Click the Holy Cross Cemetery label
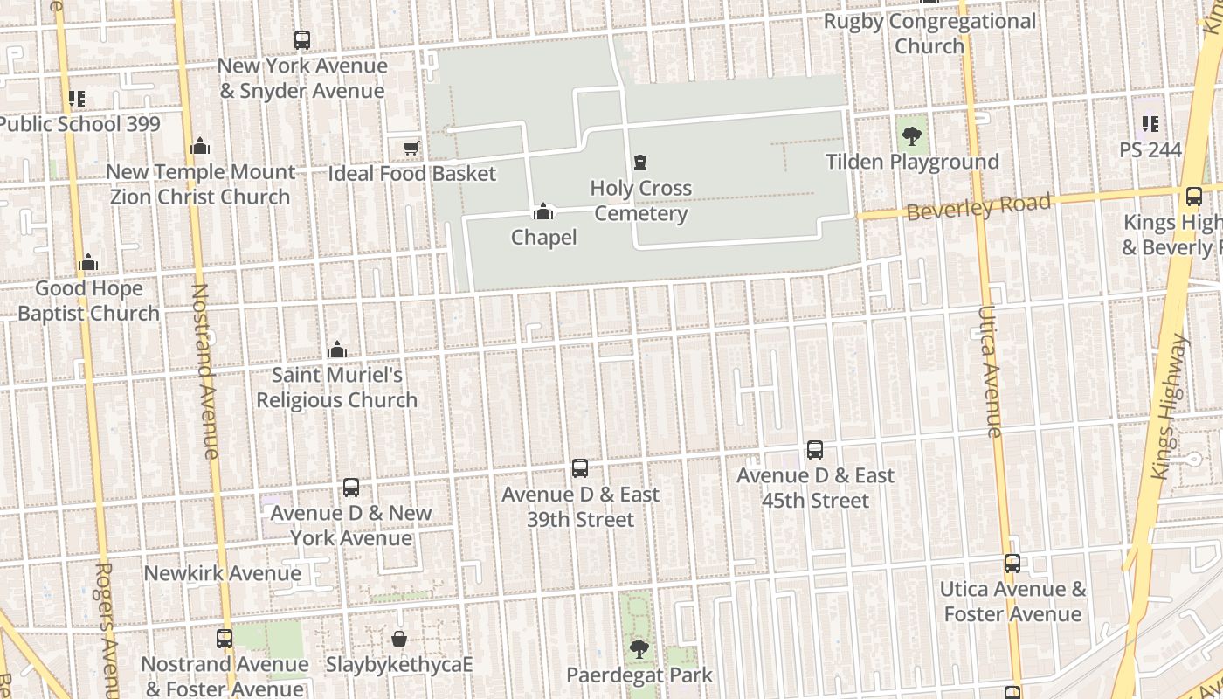tap(641, 201)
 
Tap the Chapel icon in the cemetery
tap(543, 212)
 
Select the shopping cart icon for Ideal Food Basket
tap(411, 149)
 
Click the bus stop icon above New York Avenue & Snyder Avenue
tap(301, 40)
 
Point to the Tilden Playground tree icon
tap(912, 136)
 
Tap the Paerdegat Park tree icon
tap(639, 649)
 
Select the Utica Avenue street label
tap(990, 371)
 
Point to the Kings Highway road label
tap(1171, 406)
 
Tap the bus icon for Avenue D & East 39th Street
tap(579, 468)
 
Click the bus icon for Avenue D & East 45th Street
tap(814, 450)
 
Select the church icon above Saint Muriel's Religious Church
tap(336, 350)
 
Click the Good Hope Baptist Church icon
tap(88, 263)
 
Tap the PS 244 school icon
tap(1150, 124)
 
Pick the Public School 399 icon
tap(77, 99)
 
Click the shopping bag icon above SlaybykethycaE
tap(399, 639)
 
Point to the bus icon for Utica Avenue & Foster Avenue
tap(1012, 564)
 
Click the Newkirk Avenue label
tap(222, 573)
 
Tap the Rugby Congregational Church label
tap(929, 33)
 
